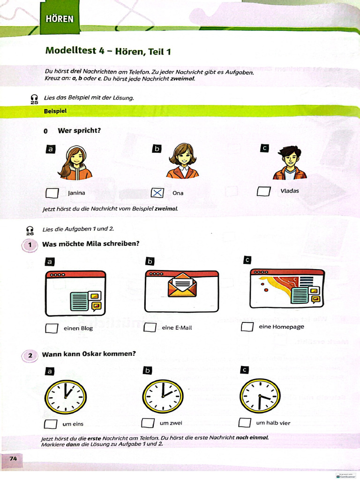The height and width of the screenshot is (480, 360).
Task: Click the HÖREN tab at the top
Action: click(60, 19)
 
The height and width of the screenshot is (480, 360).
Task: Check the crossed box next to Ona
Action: click(157, 193)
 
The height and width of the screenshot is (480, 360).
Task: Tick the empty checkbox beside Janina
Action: click(52, 193)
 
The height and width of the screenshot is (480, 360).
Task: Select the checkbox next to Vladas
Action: click(264, 191)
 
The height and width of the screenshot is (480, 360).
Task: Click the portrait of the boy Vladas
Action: click(290, 163)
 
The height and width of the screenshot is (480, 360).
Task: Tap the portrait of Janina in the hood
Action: click(75, 163)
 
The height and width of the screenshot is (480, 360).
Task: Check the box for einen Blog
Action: click(52, 328)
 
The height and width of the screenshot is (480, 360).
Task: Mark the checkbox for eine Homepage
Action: click(247, 327)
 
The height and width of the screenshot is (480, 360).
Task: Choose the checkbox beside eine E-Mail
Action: click(150, 328)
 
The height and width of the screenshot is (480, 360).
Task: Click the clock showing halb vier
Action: click(260, 396)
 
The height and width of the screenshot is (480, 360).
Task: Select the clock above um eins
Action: click(66, 397)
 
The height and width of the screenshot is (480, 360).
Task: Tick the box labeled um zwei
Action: click(148, 423)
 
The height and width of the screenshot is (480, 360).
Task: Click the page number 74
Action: click(13, 458)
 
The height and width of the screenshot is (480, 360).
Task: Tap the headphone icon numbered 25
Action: click(34, 98)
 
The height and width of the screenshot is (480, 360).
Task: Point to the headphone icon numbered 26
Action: click(30, 230)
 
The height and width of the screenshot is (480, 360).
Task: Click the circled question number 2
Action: click(30, 356)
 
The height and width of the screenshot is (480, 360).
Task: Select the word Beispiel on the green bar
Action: click(55, 112)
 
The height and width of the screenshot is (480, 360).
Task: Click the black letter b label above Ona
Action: click(157, 149)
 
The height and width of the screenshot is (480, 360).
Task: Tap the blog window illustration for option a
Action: click(75, 293)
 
